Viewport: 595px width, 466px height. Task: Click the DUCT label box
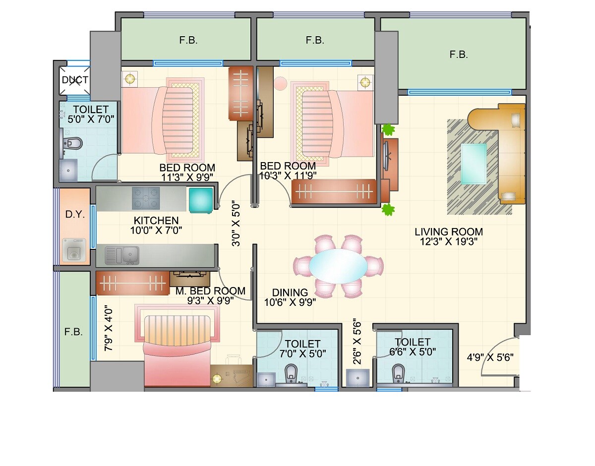pyautogui.click(x=75, y=80)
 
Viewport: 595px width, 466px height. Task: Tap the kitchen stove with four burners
pyautogui.click(x=146, y=198)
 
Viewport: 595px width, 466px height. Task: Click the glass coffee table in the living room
pyautogui.click(x=474, y=163)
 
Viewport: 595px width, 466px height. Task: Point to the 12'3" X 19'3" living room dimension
pyautogui.click(x=449, y=242)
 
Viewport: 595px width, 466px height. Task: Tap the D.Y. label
pyautogui.click(x=75, y=215)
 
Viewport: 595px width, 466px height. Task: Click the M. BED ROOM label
pyautogui.click(x=210, y=291)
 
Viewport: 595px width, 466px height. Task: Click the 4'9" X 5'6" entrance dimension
pyautogui.click(x=490, y=356)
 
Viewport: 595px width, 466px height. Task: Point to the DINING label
pyautogui.click(x=290, y=292)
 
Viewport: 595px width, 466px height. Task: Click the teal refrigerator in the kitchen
pyautogui.click(x=200, y=200)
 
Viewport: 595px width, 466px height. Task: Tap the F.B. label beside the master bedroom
pyautogui.click(x=73, y=332)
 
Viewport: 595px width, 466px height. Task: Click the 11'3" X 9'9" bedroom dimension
pyautogui.click(x=187, y=177)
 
